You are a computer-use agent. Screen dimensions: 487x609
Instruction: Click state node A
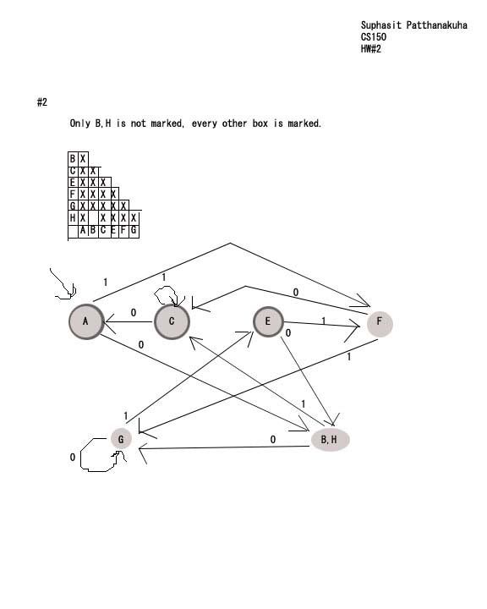coord(86,321)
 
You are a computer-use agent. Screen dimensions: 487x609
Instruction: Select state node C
coord(172,321)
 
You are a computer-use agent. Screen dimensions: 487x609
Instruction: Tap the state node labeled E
coord(268,321)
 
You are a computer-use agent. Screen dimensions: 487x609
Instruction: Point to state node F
coord(380,323)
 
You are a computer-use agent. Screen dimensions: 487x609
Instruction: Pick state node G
coord(121,439)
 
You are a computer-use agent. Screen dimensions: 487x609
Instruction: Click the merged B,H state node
coord(330,440)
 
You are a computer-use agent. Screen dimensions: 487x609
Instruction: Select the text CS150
coord(373,37)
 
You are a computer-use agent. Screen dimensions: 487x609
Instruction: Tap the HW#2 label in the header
coord(371,49)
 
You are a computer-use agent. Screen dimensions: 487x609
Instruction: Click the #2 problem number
coord(42,102)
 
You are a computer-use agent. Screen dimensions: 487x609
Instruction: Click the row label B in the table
coord(73,159)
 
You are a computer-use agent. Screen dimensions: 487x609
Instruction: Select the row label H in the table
coord(73,218)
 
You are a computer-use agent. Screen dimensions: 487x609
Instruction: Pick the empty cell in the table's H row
coord(93,218)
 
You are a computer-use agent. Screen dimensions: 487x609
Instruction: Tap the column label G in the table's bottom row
coord(134,230)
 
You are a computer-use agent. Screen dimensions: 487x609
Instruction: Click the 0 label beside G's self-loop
coord(73,457)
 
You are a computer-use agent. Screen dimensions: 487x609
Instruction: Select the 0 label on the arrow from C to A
coord(134,313)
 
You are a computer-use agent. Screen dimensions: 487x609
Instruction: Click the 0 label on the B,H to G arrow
coord(273,439)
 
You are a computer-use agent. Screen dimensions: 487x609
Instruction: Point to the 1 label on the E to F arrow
coord(323,321)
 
